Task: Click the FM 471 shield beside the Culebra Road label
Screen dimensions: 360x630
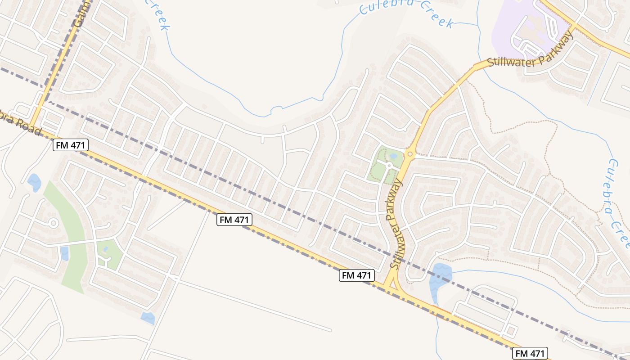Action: (71, 145)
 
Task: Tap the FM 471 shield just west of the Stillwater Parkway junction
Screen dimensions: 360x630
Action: (357, 275)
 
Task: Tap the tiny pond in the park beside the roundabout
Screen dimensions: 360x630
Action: (393, 156)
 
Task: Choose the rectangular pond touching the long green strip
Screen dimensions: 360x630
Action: (65, 253)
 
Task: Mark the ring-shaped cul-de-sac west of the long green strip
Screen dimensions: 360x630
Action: (53, 223)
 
